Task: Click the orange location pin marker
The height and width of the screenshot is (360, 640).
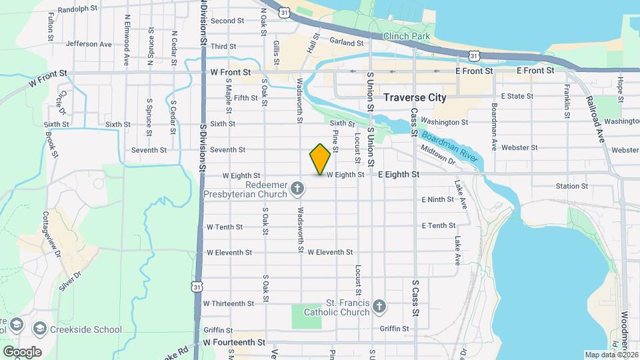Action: coord(321,159)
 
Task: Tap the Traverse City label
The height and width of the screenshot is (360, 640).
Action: coord(415,97)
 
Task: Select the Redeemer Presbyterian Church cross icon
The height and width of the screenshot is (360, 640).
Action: coord(299,190)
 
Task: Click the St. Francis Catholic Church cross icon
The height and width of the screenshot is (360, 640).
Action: coord(379,307)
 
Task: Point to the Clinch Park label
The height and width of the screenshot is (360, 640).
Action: coord(408,36)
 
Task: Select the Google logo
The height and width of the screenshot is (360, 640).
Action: coord(22,352)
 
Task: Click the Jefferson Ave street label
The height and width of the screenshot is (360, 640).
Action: coord(89,44)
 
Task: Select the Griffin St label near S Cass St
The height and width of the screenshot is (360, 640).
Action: coord(393,329)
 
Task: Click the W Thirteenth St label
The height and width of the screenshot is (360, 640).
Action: coord(229,303)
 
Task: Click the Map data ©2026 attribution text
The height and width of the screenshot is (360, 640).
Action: coord(611,355)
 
